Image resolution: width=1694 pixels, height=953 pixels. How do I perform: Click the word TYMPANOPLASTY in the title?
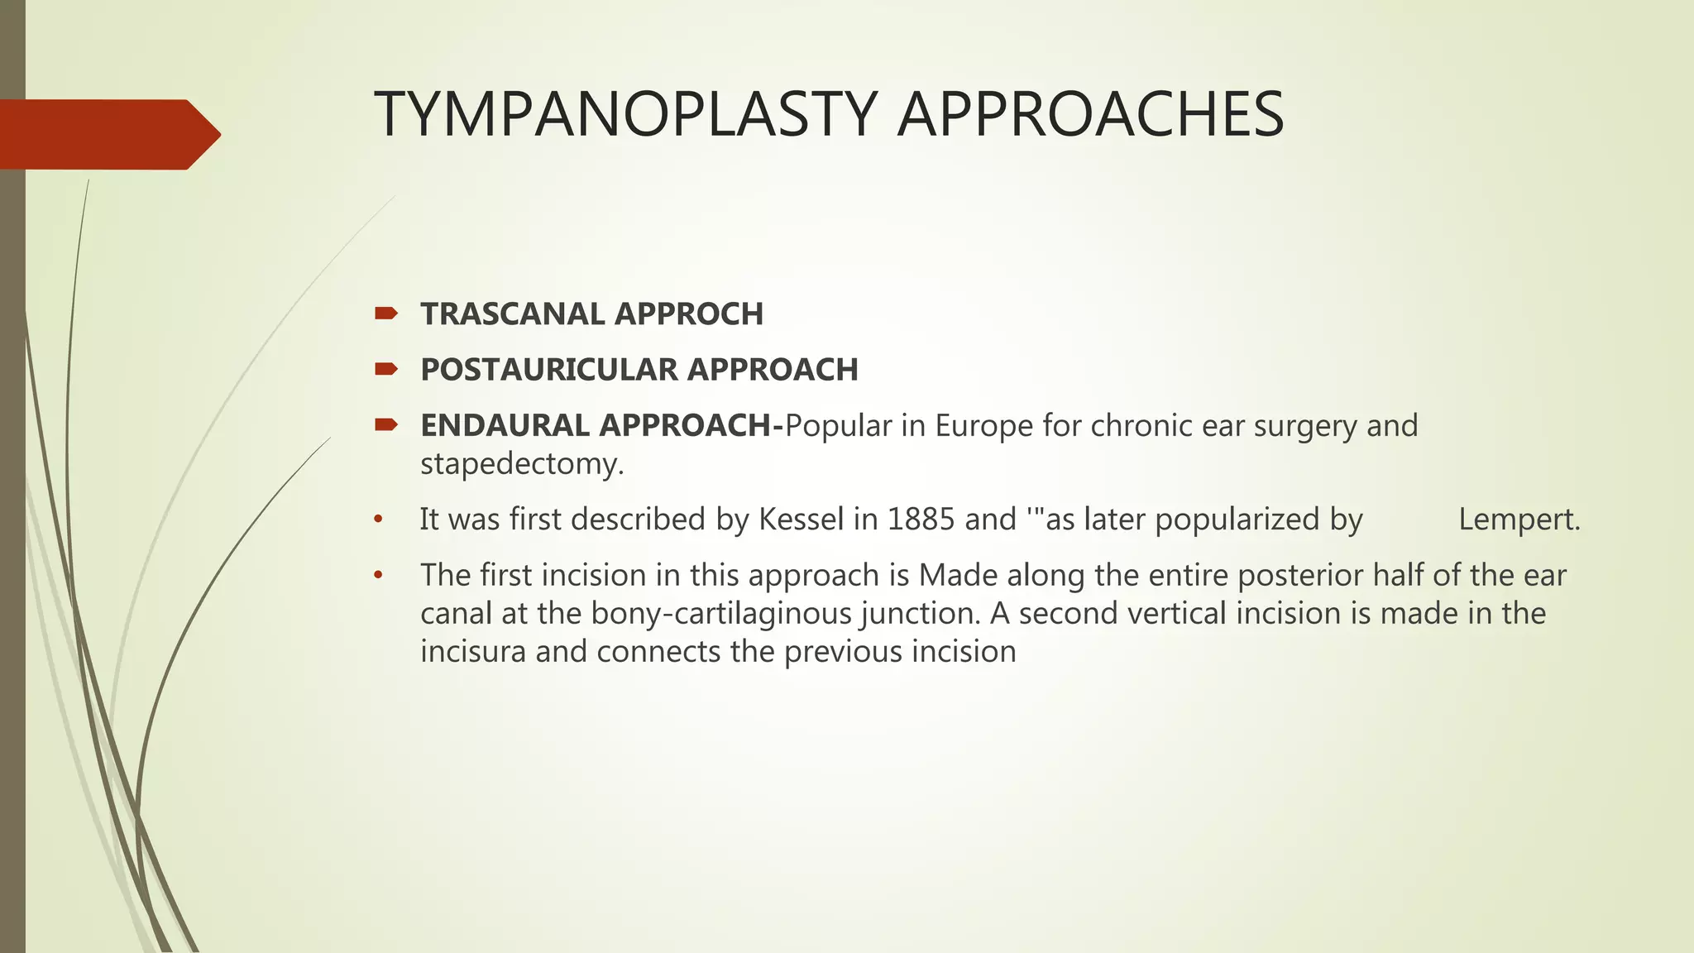[x=625, y=114]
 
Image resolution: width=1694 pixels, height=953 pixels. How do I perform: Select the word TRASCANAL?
[x=512, y=314]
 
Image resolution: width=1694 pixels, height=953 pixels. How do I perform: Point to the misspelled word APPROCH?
[x=688, y=314]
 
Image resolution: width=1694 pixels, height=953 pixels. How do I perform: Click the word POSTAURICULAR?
[x=549, y=370]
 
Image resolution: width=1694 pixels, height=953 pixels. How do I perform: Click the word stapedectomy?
[x=521, y=463]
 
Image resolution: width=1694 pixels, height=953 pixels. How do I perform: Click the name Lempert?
[x=1519, y=520]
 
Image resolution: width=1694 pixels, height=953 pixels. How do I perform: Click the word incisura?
[x=473, y=652]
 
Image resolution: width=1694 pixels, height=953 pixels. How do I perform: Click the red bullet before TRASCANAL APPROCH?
[x=386, y=313]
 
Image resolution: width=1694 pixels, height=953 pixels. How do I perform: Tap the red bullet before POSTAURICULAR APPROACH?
[x=386, y=368]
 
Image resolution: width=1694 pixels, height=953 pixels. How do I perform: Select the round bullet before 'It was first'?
[x=379, y=520]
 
